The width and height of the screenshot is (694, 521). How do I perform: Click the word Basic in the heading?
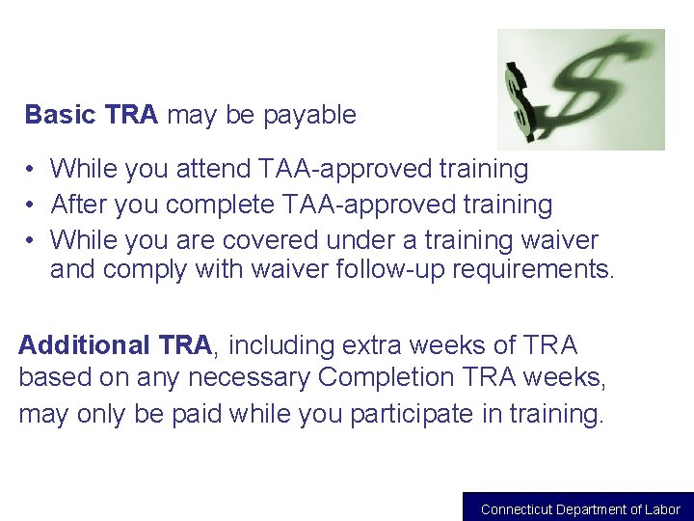pyautogui.click(x=60, y=115)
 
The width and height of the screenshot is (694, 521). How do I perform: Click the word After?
pyautogui.click(x=79, y=205)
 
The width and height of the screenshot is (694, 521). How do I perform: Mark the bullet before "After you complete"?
pyautogui.click(x=32, y=206)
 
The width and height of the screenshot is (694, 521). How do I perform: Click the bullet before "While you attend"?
pyautogui.click(x=32, y=170)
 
